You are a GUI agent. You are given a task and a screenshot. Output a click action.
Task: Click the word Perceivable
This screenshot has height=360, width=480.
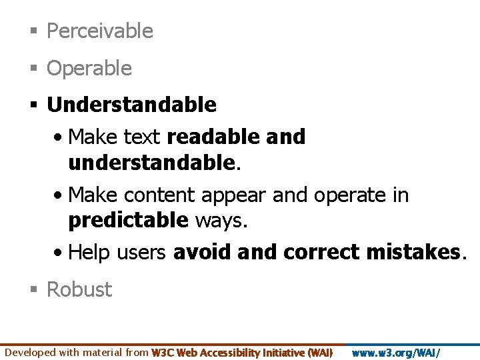point(100,31)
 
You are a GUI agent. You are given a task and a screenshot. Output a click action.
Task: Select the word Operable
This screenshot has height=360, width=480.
point(89,68)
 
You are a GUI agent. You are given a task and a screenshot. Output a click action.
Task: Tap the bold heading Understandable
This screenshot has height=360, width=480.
point(131,105)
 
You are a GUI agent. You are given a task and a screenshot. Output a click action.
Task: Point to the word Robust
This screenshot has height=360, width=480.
point(79,289)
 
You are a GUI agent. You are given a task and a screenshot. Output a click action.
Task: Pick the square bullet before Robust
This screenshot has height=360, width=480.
point(33,290)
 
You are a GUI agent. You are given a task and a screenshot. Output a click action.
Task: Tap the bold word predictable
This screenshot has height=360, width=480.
point(128,220)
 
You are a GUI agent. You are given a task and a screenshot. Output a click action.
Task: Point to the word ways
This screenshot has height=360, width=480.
point(221,220)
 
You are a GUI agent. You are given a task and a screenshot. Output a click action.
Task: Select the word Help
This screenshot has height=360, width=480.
point(91,252)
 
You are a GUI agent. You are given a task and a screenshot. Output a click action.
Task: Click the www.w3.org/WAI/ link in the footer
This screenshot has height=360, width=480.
point(395,353)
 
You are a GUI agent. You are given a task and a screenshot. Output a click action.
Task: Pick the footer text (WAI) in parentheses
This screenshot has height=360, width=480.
point(319,353)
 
